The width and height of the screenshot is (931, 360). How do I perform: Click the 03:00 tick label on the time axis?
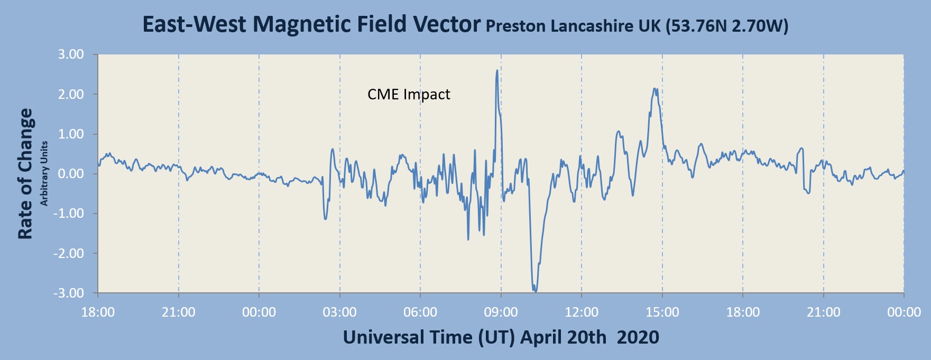339,312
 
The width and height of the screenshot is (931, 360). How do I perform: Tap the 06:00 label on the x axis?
420,312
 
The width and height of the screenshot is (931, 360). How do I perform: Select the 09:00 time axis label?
501,312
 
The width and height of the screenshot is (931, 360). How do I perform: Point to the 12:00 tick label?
582,312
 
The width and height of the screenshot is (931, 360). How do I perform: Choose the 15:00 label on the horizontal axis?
662,312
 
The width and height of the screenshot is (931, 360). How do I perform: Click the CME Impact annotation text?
409,95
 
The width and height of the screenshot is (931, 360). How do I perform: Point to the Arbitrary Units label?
44,173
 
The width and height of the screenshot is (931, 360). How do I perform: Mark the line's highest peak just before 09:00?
497,70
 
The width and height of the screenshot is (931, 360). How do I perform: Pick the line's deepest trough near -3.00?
535,291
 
